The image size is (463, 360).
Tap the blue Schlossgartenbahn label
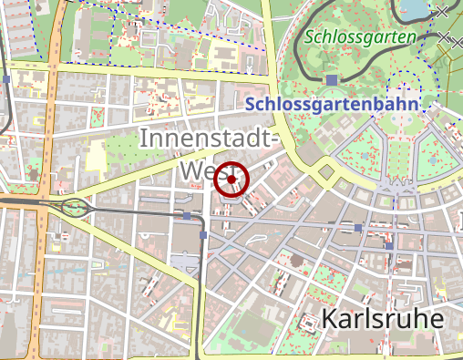pyautogui.click(x=332, y=104)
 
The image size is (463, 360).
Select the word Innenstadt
pyautogui.click(x=205, y=139)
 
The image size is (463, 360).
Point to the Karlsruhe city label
pyautogui.click(x=382, y=319)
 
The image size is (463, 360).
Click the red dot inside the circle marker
pyautogui.click(x=232, y=180)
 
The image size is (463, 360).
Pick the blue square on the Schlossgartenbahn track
pyautogui.click(x=331, y=80)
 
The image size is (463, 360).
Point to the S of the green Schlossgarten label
pyautogui.click(x=311, y=38)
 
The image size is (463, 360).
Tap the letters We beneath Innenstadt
pyautogui.click(x=196, y=172)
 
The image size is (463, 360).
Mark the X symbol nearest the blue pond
pyautogui.click(x=442, y=12)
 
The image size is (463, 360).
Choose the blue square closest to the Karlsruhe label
pyautogui.click(x=389, y=245)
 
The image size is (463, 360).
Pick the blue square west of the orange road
pyautogui.click(x=7, y=79)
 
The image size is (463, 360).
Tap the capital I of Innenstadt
pyautogui.click(x=144, y=139)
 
